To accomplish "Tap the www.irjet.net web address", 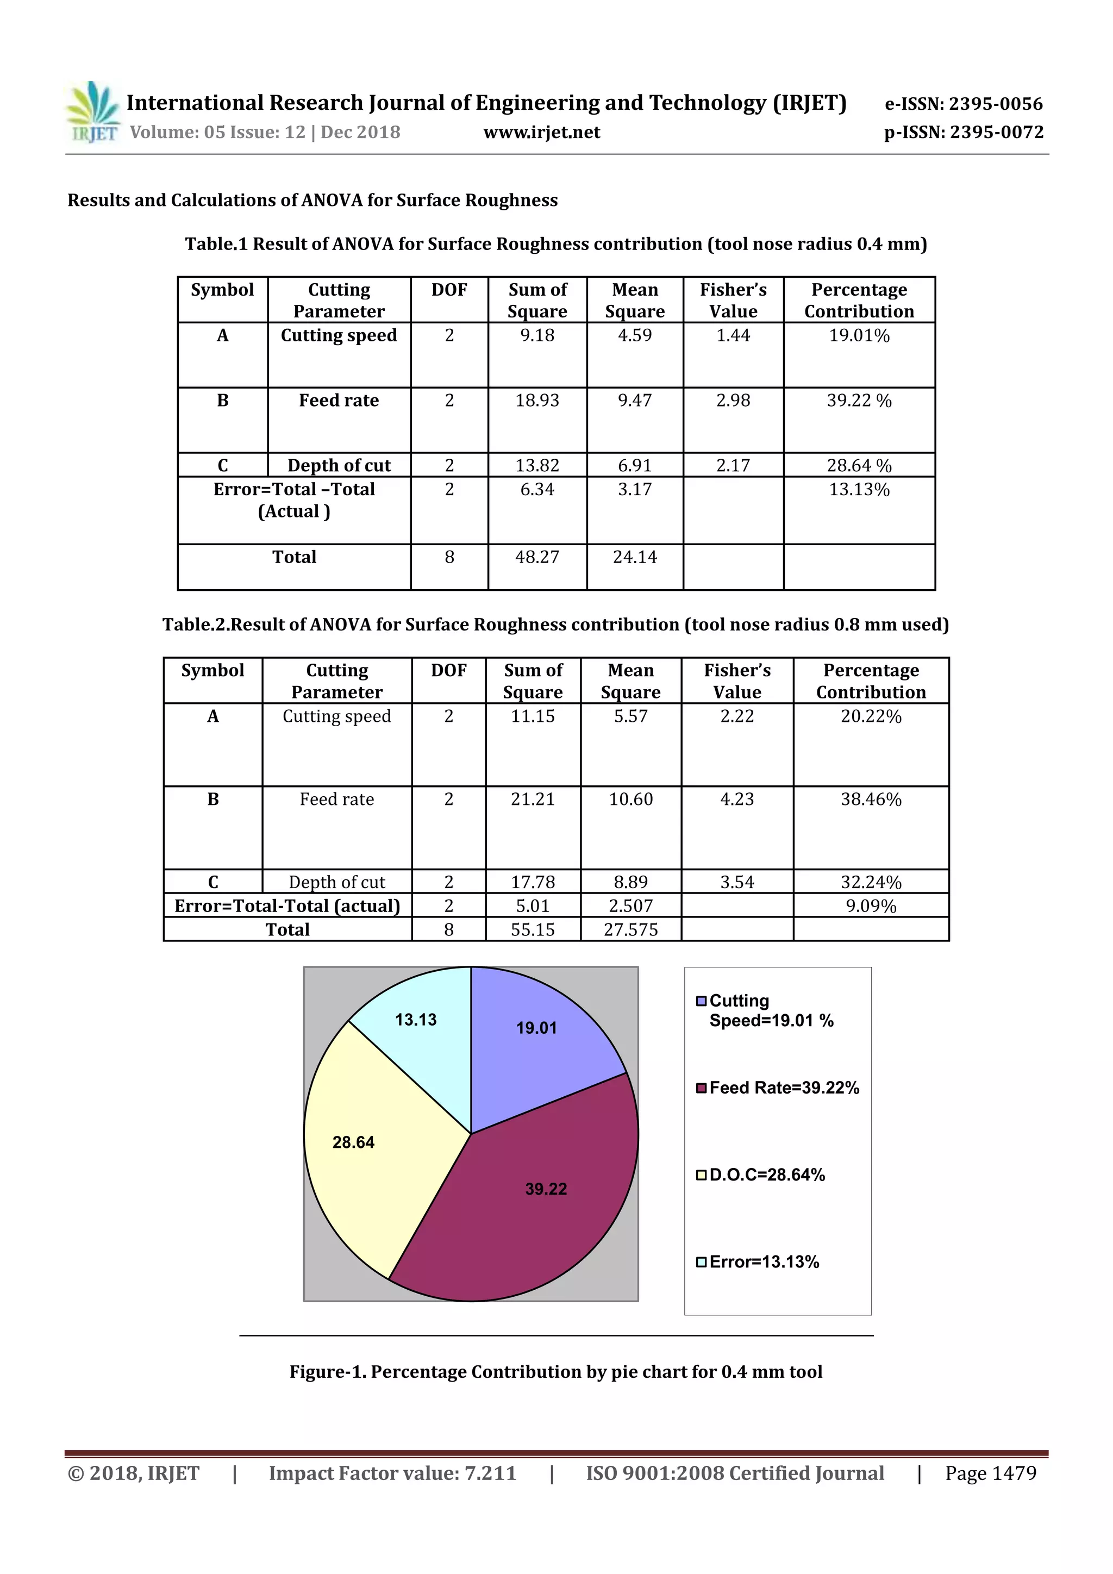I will [541, 132].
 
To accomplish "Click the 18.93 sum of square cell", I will [537, 401].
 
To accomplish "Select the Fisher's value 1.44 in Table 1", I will [733, 335].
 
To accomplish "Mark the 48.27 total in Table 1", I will [537, 557].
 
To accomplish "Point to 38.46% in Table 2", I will [871, 800].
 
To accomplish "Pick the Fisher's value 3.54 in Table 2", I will [737, 882].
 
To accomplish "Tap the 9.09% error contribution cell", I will [871, 906].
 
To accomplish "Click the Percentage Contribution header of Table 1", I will [859, 300].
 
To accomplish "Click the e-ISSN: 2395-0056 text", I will [964, 104].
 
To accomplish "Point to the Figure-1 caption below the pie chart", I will [556, 1372].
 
